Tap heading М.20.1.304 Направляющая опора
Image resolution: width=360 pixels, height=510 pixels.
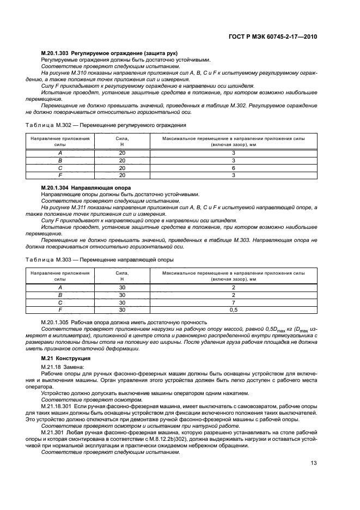80,187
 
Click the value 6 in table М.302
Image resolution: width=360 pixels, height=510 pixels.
233,168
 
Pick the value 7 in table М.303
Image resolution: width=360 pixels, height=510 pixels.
233,302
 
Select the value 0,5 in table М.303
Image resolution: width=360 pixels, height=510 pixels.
233,309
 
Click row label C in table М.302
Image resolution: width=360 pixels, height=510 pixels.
60,168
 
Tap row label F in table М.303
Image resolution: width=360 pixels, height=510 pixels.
60,309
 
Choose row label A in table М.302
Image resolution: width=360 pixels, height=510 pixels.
60,154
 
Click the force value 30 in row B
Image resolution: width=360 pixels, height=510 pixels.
122,295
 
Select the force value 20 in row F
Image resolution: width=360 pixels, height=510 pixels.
122,175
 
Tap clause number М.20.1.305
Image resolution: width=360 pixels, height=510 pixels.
58,323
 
